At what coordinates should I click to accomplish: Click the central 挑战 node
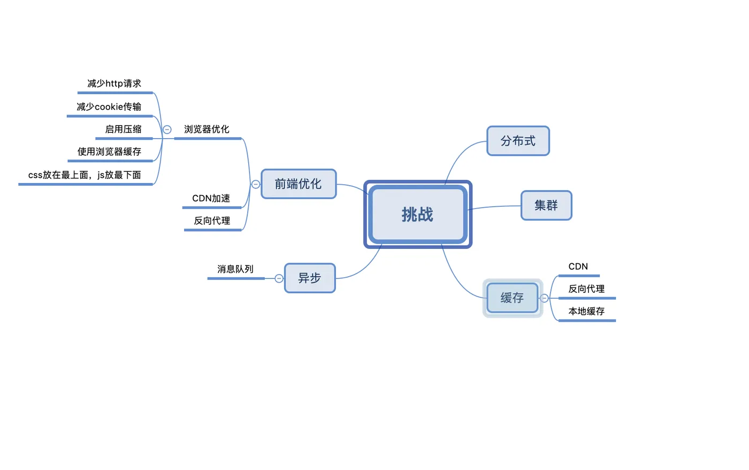pos(417,214)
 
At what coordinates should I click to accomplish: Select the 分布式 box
pos(518,141)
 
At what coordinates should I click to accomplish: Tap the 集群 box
pos(546,205)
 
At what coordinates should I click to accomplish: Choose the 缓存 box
pos(512,298)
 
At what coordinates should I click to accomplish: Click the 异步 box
pos(309,278)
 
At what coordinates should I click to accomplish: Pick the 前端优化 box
pos(298,184)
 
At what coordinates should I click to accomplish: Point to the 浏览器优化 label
pos(207,129)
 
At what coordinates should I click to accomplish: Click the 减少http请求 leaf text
pos(114,84)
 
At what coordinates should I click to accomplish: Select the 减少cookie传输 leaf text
pos(109,107)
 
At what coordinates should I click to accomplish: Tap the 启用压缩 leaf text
pos(123,129)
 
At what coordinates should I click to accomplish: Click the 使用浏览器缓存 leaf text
pos(109,151)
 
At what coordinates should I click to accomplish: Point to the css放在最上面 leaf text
pos(85,175)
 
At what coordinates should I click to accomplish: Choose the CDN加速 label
pos(211,198)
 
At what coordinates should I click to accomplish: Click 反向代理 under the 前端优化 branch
pos(212,221)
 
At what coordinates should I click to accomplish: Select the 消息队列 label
pos(235,269)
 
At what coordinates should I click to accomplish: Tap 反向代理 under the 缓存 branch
pos(586,289)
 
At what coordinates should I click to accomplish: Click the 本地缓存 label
pos(586,311)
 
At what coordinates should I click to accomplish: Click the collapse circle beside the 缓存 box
pos(544,298)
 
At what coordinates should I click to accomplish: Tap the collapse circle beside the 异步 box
pos(279,278)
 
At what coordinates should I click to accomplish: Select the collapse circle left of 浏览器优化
pos(167,130)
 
